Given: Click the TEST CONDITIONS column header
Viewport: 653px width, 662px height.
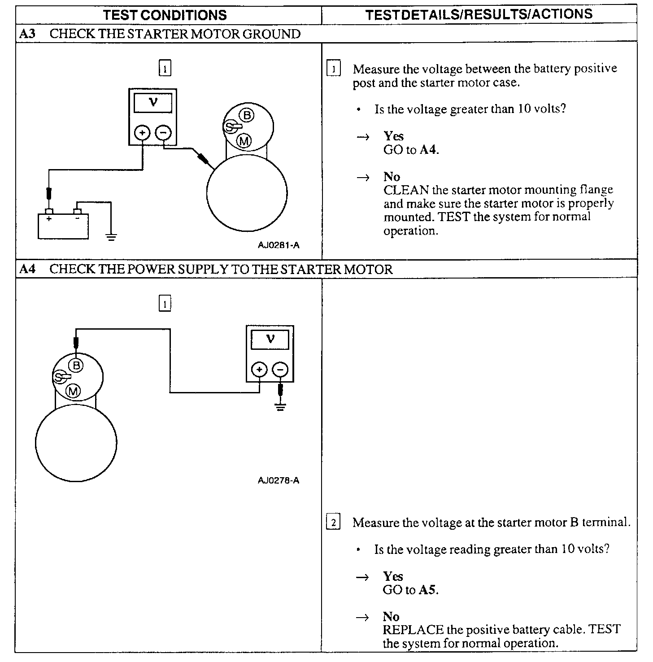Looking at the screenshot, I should [165, 15].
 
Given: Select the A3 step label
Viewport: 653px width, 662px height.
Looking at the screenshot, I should [27, 34].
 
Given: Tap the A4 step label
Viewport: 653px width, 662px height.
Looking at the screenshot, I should [27, 269].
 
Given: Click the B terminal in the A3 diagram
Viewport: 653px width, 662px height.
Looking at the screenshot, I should [247, 115].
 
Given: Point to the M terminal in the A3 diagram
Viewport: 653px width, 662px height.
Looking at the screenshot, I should [244, 141].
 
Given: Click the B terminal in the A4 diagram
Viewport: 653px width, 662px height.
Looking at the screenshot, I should [77, 365].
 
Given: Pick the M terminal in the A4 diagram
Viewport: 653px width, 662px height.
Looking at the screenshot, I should [73, 391].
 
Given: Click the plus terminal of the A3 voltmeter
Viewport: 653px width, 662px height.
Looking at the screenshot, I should [143, 133].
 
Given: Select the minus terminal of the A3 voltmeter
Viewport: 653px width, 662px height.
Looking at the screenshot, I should [163, 133].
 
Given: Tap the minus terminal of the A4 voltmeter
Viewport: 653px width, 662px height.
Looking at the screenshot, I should [281, 370].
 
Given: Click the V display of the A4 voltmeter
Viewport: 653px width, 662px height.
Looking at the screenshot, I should [270, 340].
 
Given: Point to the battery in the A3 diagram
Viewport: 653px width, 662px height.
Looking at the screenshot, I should [63, 226].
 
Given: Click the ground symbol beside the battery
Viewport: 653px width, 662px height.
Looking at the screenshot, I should [111, 237].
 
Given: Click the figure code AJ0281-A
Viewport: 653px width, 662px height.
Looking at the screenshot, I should [279, 245].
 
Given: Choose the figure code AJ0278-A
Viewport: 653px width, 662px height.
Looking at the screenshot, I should [279, 480].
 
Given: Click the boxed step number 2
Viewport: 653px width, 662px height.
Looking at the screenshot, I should [333, 523].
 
